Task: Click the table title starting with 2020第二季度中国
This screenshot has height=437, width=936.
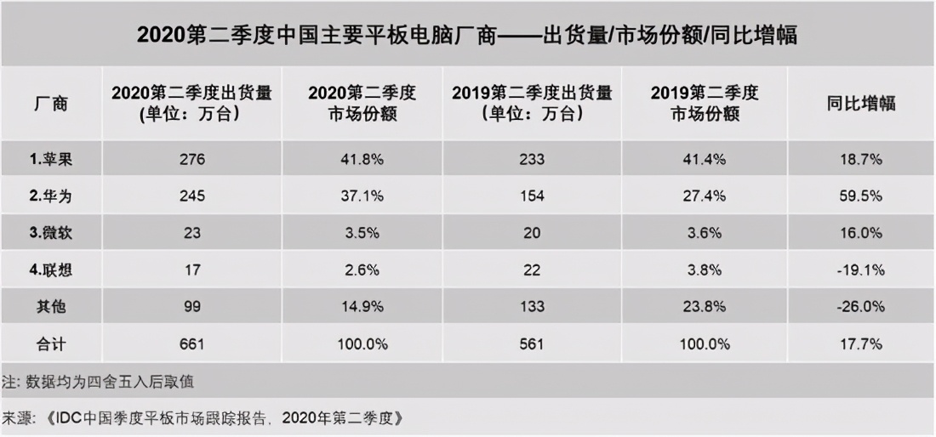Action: (x=467, y=36)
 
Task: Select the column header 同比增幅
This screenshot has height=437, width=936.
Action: (x=861, y=104)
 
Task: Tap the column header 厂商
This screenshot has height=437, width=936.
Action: (x=50, y=104)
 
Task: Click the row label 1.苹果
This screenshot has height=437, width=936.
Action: (x=52, y=159)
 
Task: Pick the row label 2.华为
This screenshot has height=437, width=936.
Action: (x=52, y=196)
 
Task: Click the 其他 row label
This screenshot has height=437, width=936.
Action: (x=50, y=307)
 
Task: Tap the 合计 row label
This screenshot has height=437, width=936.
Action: (x=50, y=344)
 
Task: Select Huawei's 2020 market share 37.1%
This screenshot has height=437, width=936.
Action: (x=362, y=196)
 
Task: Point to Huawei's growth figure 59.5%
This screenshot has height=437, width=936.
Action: (x=861, y=196)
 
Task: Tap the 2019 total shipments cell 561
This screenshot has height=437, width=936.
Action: (x=533, y=344)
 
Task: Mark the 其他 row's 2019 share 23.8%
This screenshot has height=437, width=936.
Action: (x=705, y=307)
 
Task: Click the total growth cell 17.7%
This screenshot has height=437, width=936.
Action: (x=861, y=344)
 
